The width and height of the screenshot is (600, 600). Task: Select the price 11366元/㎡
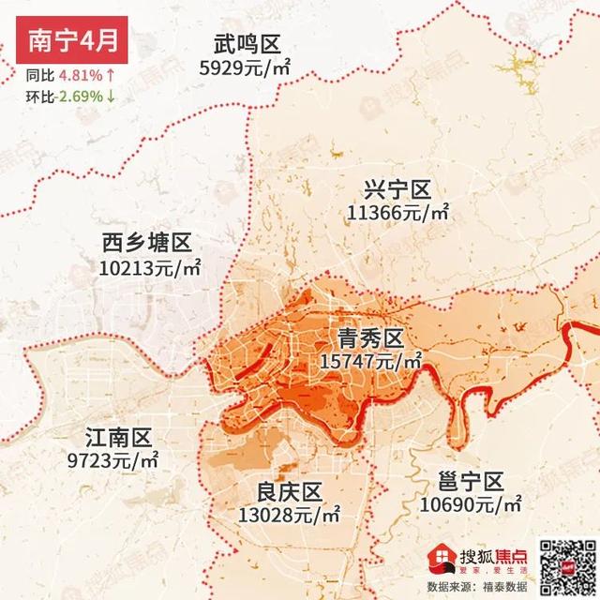397,214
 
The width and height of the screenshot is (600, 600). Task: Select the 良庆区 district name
290,492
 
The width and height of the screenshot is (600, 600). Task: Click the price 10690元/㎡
472,504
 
